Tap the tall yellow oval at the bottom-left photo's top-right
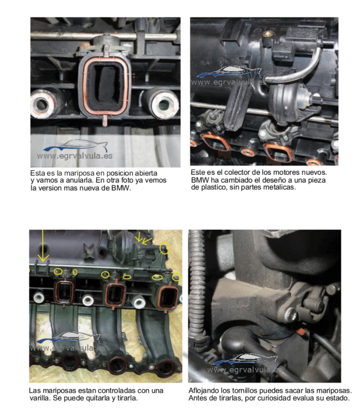click(164, 248)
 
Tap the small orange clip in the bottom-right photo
click(300, 332)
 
